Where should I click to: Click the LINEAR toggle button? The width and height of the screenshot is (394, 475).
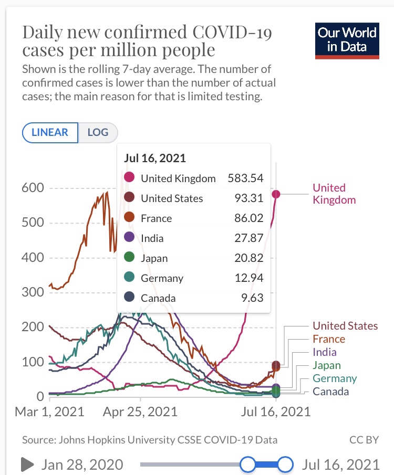(x=50, y=132)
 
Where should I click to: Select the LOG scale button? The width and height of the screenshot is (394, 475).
(x=98, y=132)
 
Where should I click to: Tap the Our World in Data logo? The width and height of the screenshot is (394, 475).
(x=347, y=40)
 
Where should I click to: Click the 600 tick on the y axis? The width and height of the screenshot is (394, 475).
(x=33, y=188)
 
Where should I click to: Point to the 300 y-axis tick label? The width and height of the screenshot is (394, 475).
(x=33, y=292)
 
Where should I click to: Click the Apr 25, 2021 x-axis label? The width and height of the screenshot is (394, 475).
(x=140, y=411)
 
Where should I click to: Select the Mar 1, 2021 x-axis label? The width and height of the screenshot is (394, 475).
(x=49, y=411)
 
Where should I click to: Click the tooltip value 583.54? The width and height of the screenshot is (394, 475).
(x=245, y=178)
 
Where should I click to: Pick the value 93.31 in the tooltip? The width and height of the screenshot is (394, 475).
(x=249, y=198)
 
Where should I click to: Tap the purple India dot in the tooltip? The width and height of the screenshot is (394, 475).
(x=130, y=238)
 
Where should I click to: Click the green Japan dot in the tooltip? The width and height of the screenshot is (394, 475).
(x=130, y=258)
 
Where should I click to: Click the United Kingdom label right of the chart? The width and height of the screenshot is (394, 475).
(x=334, y=194)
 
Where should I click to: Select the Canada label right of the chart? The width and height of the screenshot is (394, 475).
(x=330, y=392)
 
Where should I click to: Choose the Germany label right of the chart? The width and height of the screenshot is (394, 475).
(x=335, y=378)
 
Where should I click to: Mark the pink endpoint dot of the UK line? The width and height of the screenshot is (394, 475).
(x=276, y=194)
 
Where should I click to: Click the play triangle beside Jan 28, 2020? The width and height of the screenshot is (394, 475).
(x=26, y=464)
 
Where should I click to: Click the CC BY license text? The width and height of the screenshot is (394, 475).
(x=364, y=440)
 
